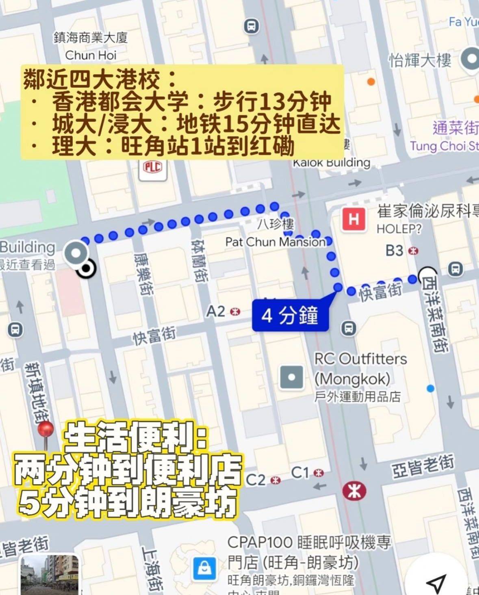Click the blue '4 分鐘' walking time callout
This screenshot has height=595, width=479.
pos(290,315)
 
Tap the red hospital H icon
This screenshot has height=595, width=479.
pos(353,220)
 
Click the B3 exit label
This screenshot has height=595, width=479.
pos(395,251)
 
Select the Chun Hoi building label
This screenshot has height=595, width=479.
pos(91,55)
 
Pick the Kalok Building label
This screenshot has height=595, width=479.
pos(332,163)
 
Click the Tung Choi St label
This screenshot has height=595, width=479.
pos(444,145)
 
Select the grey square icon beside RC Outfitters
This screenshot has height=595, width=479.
pos(291,377)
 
